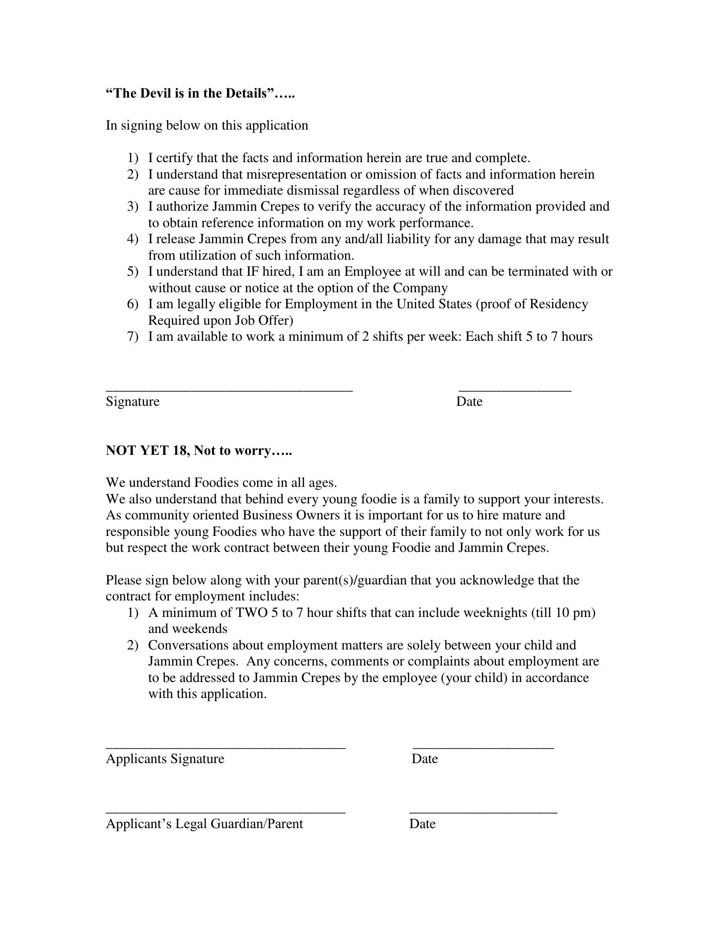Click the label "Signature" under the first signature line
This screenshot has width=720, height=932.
click(x=132, y=402)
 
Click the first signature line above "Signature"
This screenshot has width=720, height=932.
click(x=229, y=390)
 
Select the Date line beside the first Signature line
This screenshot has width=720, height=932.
click(x=515, y=390)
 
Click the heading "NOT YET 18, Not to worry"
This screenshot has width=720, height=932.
click(x=199, y=451)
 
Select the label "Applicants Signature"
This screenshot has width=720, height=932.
click(x=165, y=759)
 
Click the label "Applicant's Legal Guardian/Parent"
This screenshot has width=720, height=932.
click(x=204, y=824)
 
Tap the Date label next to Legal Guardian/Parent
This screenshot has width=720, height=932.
click(x=422, y=824)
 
